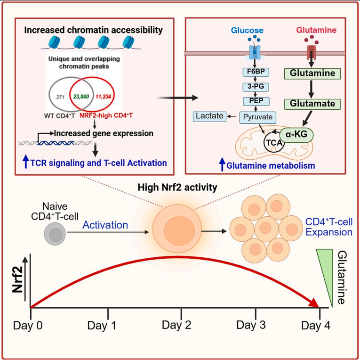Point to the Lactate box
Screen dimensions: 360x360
(209, 116)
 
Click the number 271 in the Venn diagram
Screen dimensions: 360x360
(60, 96)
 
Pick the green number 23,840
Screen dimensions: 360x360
(83, 96)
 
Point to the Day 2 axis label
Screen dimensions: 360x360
(181, 325)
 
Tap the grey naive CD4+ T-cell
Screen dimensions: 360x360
(55, 234)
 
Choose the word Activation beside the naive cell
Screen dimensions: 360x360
(105, 225)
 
